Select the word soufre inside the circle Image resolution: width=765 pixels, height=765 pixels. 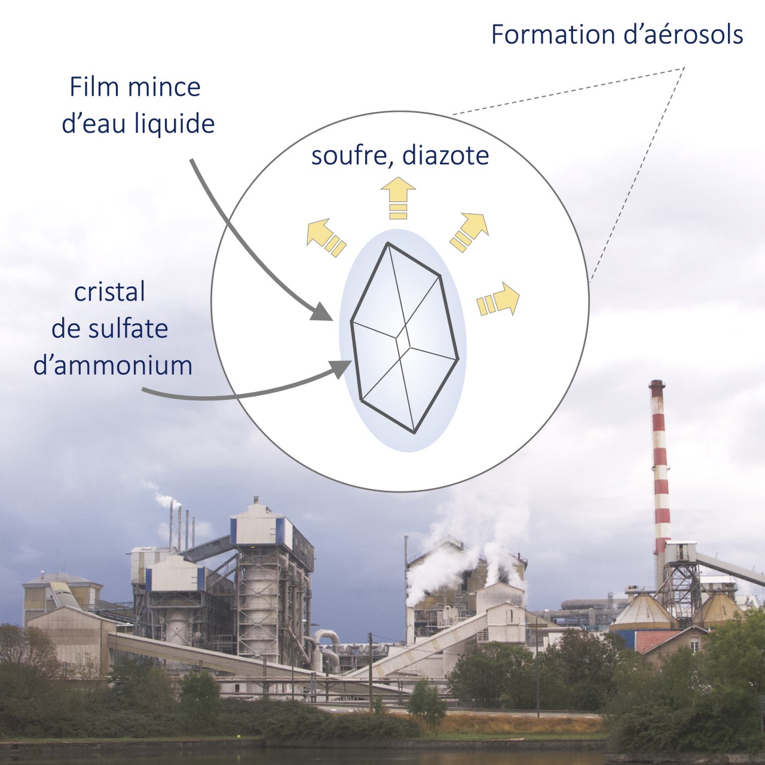(353, 156)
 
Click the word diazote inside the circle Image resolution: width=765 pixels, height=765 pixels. (445, 156)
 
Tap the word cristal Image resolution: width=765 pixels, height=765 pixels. (110, 293)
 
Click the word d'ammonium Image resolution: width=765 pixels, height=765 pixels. (113, 365)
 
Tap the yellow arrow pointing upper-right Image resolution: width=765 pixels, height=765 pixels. (470, 231)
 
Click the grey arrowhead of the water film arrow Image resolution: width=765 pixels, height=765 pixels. (323, 313)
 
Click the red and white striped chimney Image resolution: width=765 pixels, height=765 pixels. (659, 466)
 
